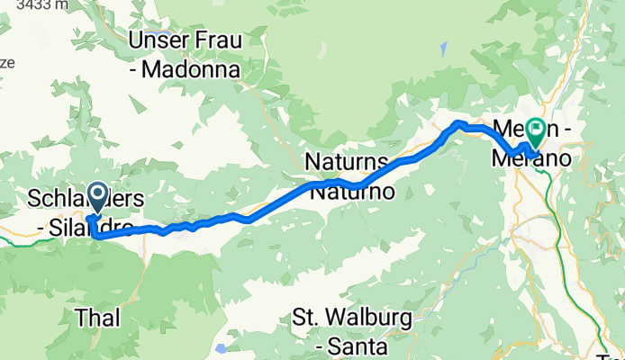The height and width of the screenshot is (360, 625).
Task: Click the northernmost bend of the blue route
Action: [x=459, y=122]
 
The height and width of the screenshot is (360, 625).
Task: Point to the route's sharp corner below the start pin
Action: [x=95, y=236]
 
